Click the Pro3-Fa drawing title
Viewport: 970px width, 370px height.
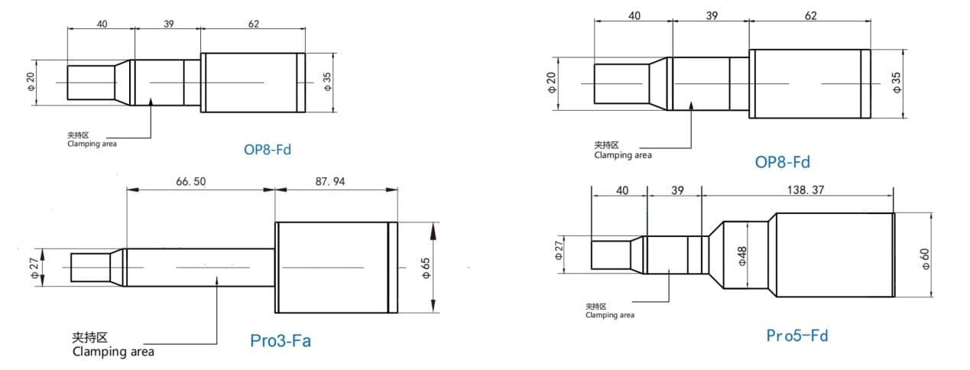(x=281, y=340)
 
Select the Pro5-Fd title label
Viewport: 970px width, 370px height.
(x=797, y=336)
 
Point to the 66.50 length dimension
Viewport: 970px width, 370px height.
(x=191, y=181)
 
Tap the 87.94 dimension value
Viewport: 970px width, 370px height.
(x=330, y=181)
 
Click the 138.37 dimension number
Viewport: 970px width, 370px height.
(x=806, y=190)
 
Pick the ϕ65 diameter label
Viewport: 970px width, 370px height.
(x=426, y=268)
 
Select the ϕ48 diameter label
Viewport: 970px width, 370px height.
(x=742, y=255)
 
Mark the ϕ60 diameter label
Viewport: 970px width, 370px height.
(x=925, y=258)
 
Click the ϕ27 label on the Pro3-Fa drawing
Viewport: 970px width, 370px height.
(x=34, y=268)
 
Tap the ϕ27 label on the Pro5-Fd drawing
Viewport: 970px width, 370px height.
(x=559, y=251)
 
